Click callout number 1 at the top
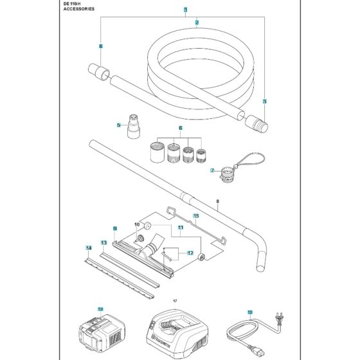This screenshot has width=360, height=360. pyautogui.click(x=185, y=10)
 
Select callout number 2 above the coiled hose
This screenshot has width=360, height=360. pyautogui.click(x=197, y=22)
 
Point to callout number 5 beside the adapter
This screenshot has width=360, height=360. pyautogui.click(x=119, y=125)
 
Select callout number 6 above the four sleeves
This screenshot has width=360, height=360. pyautogui.click(x=181, y=128)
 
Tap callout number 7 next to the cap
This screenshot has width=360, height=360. pyautogui.click(x=212, y=171)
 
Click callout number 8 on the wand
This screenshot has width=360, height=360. pyautogui.click(x=218, y=201)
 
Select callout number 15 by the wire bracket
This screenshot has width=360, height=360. pyautogui.click(x=197, y=216)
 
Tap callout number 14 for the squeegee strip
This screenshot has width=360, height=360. pyautogui.click(x=89, y=248)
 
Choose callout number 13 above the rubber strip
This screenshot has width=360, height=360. pyautogui.click(x=103, y=242)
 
